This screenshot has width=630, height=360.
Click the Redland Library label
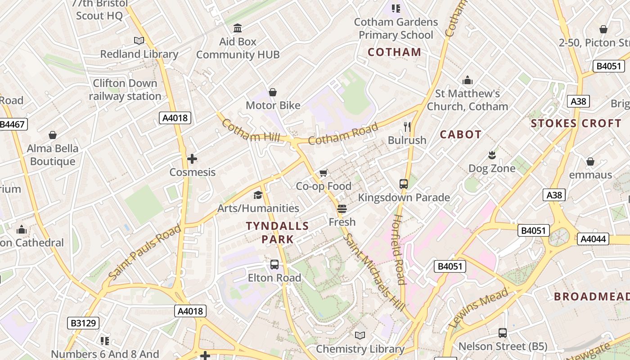(x=139, y=54)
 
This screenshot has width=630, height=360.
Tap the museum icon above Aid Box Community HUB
(x=238, y=28)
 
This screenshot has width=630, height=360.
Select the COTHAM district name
(x=395, y=52)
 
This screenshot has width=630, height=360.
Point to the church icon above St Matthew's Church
(x=468, y=81)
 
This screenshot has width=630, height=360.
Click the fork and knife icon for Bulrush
(x=407, y=127)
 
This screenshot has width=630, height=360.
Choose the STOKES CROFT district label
(x=576, y=123)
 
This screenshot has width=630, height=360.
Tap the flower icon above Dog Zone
(x=492, y=155)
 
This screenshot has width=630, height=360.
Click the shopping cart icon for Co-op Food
(x=324, y=173)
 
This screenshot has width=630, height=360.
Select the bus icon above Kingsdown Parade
(x=404, y=184)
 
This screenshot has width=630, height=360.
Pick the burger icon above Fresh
(x=342, y=209)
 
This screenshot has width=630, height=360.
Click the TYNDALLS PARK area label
(x=278, y=232)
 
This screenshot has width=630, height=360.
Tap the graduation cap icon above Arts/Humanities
(x=258, y=195)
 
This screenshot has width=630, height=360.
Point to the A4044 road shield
(x=593, y=239)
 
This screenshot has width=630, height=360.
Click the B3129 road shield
(x=83, y=323)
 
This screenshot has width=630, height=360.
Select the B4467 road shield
(x=13, y=125)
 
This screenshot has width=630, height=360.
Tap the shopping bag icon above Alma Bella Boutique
(x=53, y=135)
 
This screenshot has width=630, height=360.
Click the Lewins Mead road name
(x=478, y=308)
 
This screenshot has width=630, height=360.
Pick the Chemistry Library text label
(x=360, y=349)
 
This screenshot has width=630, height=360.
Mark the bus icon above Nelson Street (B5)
(x=503, y=333)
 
